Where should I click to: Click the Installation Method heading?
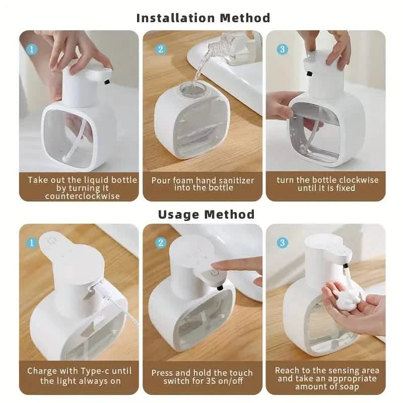(x=203, y=18)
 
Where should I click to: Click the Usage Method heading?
(x=206, y=214)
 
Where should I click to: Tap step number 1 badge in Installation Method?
(x=31, y=49)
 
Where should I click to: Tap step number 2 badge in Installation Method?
(x=161, y=49)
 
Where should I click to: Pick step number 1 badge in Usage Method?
(x=31, y=243)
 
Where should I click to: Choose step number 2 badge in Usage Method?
(x=161, y=243)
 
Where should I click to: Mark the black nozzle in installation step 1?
(x=107, y=81)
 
